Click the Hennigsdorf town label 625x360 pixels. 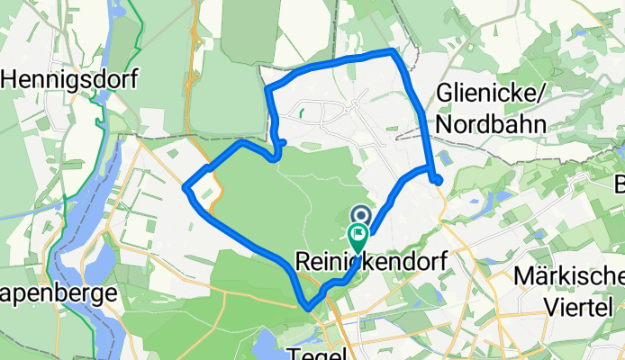(x=70, y=79)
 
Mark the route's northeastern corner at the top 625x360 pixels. (x=394, y=52)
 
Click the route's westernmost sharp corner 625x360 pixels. (x=186, y=187)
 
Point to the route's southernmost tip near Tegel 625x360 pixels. (x=309, y=308)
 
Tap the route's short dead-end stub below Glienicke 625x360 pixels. (x=437, y=180)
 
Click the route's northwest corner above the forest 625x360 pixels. (x=267, y=88)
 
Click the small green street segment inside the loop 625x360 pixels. (x=302, y=114)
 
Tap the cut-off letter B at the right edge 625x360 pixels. (x=620, y=185)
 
